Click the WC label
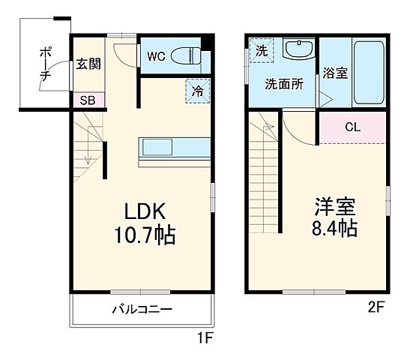pyautogui.click(x=156, y=55)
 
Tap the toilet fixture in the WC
pyautogui.click(x=187, y=55)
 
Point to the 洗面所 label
pyautogui.click(x=283, y=84)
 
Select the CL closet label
pyautogui.click(x=352, y=127)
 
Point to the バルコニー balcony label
pyautogui.click(x=142, y=309)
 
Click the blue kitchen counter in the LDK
pyautogui.click(x=171, y=147)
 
